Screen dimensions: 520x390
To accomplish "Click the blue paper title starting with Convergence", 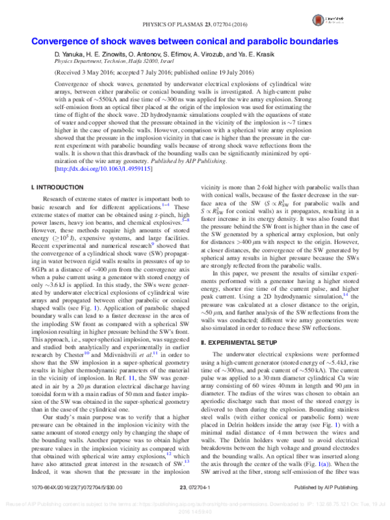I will [194, 42].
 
